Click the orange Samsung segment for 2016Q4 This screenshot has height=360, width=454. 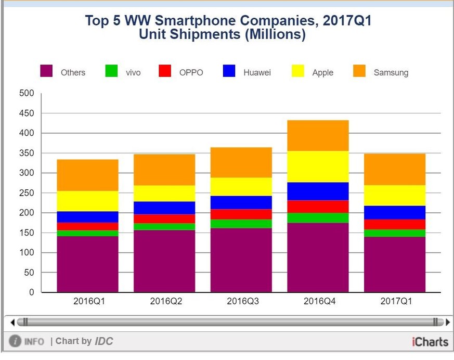(318, 136)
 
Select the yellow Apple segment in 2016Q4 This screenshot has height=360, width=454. (318, 166)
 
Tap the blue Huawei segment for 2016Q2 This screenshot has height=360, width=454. (164, 208)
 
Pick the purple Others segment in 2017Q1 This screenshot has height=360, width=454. (395, 264)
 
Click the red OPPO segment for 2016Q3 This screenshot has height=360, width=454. (241, 214)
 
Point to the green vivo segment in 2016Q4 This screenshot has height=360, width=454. (318, 217)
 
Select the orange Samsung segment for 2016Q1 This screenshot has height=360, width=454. (87, 175)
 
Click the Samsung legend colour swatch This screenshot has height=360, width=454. (359, 71)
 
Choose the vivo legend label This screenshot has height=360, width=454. (133, 73)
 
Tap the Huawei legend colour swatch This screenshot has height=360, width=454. (229, 71)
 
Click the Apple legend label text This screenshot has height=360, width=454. (322, 73)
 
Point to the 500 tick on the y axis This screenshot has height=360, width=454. (27, 94)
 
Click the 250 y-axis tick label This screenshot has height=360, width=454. (27, 193)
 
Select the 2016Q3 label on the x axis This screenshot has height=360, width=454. (242, 301)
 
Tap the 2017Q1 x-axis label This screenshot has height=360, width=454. (395, 301)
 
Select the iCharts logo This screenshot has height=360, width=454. (430, 342)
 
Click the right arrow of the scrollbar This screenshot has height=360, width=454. (448, 322)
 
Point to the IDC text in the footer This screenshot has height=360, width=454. (103, 341)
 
